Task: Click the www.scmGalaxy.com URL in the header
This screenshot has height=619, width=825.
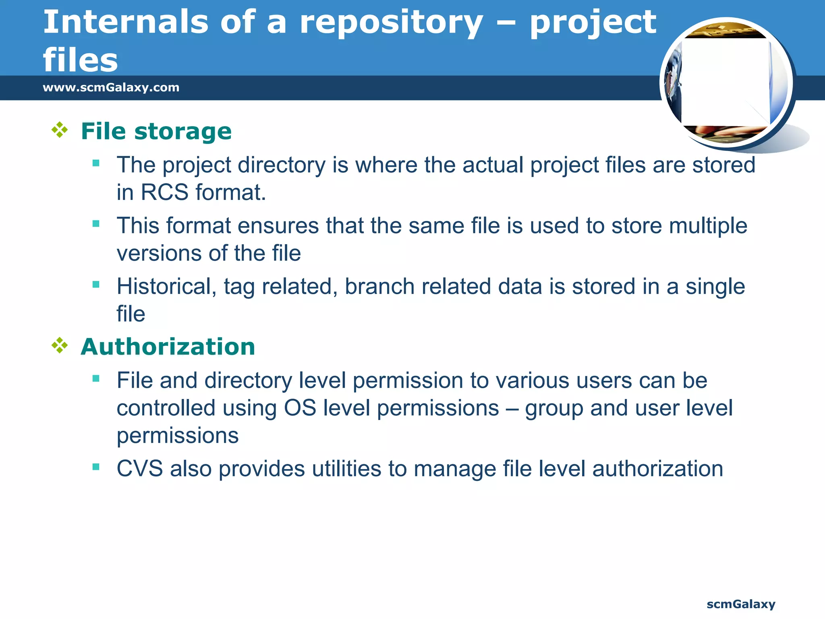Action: [x=111, y=87]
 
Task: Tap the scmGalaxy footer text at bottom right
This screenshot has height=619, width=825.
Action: [x=740, y=604]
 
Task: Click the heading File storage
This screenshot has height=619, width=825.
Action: [x=156, y=131]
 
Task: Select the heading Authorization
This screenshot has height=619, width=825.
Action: [x=168, y=347]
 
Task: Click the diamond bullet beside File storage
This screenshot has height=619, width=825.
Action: [x=60, y=130]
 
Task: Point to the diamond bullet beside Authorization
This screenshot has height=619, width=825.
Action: [x=60, y=345]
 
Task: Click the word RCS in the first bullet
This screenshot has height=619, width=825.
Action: [x=164, y=192]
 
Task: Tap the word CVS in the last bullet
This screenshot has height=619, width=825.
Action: [x=139, y=469]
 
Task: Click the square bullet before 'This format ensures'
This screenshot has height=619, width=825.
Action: [x=96, y=224]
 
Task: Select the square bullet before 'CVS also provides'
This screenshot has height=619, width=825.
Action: [x=96, y=467]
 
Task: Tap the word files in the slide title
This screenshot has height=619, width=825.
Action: [x=81, y=60]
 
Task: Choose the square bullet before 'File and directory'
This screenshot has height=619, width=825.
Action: [x=96, y=378]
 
